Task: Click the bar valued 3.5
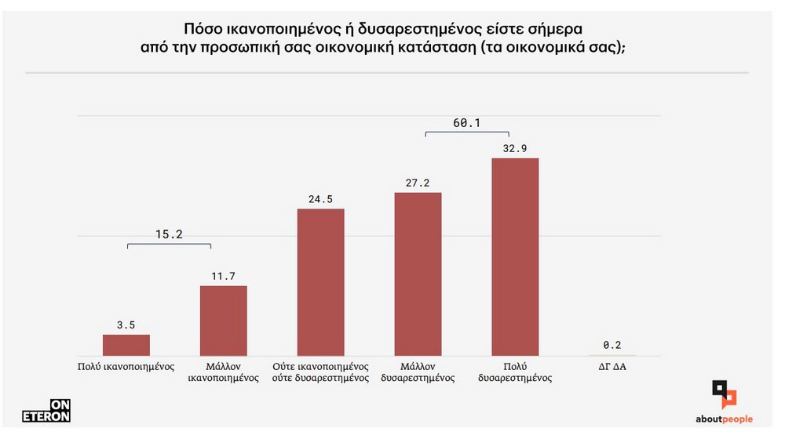[x=126, y=345]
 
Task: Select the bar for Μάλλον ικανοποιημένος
[x=224, y=321]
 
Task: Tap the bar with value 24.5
[x=320, y=282]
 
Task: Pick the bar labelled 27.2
[x=418, y=274]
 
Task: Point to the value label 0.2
[x=612, y=345]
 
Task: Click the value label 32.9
[x=515, y=147]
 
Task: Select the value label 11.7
[x=224, y=275]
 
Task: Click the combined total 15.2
[x=169, y=234]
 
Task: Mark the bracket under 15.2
[x=169, y=245]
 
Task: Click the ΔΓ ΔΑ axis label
[x=612, y=366]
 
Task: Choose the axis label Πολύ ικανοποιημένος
[x=126, y=366]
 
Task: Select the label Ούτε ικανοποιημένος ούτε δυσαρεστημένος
[x=320, y=372]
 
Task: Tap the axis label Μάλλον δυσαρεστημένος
[x=418, y=372]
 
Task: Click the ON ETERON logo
[x=46, y=411]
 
